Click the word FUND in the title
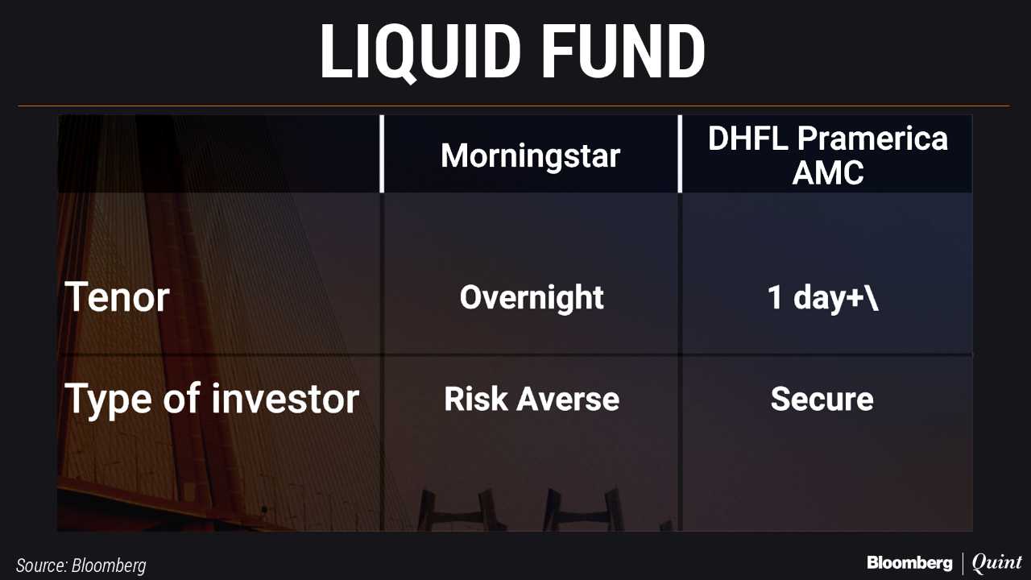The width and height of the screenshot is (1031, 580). click(623, 51)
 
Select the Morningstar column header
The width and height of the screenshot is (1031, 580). click(530, 156)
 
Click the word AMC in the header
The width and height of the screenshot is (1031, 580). click(827, 172)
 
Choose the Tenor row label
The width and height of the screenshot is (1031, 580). click(117, 297)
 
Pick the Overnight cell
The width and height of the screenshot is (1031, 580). click(532, 298)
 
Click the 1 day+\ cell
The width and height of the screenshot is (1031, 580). click(823, 297)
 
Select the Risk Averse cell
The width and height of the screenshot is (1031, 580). click(532, 399)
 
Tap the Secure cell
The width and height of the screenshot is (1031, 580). click(822, 399)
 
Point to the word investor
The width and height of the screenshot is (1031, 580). click(285, 399)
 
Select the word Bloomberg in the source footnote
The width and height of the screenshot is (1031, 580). click(109, 565)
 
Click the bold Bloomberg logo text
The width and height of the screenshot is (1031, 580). click(909, 563)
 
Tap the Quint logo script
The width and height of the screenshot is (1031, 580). click(996, 563)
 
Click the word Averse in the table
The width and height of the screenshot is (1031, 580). click(568, 399)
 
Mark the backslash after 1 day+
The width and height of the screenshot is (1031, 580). click(872, 297)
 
